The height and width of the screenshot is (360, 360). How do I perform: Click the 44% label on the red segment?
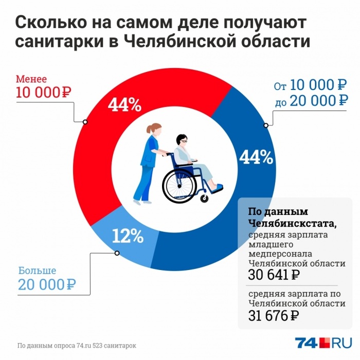[x=124, y=105]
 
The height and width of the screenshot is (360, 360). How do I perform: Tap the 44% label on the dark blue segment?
[x=256, y=156]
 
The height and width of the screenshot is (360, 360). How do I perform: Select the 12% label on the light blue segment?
[x=127, y=236]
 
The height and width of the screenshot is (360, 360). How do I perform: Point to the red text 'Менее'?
[x=31, y=79]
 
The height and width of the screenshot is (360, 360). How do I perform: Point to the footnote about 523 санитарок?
[x=77, y=345]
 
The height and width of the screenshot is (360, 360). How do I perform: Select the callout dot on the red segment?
[x=85, y=122]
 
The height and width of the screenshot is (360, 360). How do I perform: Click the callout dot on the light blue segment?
[x=117, y=253]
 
